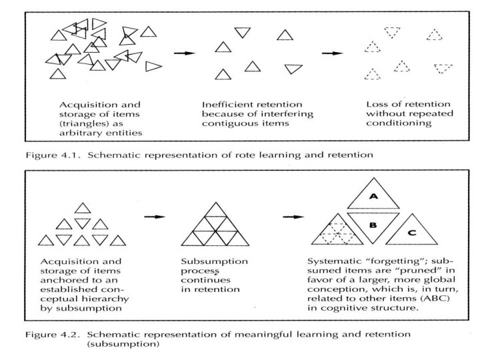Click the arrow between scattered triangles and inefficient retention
pyautogui.click(x=185, y=53)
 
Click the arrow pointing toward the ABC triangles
pyautogui.click(x=291, y=217)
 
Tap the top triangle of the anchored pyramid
pyautogui.click(x=83, y=208)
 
